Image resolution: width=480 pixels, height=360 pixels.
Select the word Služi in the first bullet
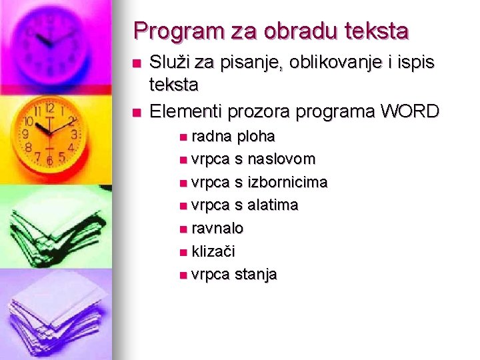click(x=169, y=63)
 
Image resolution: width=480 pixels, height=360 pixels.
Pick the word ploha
click(x=255, y=137)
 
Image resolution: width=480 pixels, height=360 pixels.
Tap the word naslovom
click(x=282, y=159)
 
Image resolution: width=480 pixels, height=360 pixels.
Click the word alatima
click(x=273, y=205)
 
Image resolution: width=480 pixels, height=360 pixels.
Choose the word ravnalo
click(x=217, y=228)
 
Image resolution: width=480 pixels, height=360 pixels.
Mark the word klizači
click(x=213, y=251)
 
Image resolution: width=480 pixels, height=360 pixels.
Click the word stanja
click(x=255, y=274)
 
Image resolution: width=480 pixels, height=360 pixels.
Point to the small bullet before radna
click(x=183, y=137)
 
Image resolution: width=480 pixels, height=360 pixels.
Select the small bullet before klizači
click(x=183, y=252)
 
